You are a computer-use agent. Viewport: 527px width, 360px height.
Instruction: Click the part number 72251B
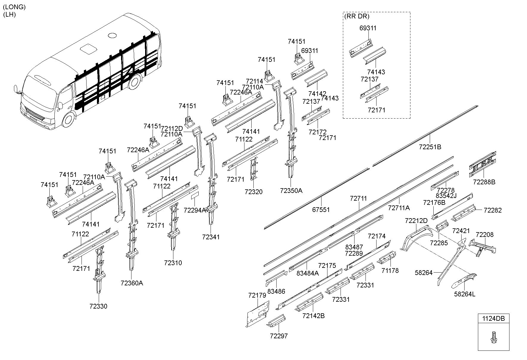click(x=430, y=147)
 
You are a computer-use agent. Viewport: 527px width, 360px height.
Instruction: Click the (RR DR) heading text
click(x=357, y=16)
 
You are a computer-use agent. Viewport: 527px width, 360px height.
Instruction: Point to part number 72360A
click(x=132, y=283)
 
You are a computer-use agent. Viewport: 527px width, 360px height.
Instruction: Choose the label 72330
click(x=98, y=306)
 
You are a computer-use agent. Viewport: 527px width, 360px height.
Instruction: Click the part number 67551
click(x=321, y=210)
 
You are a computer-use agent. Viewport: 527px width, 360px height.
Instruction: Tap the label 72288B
click(x=484, y=182)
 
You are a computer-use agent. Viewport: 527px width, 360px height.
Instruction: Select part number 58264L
click(x=465, y=294)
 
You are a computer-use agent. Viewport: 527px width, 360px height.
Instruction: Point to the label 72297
click(x=279, y=336)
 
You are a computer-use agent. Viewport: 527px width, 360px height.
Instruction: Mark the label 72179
click(x=257, y=295)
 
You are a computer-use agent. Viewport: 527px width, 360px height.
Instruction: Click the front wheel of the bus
click(x=69, y=119)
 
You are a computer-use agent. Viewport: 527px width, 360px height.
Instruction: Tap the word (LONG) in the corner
click(x=14, y=7)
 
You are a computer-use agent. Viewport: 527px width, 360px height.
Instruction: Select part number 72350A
click(x=291, y=191)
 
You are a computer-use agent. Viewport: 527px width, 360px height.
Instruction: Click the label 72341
click(x=211, y=237)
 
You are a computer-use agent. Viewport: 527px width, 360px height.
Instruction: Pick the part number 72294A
click(x=195, y=210)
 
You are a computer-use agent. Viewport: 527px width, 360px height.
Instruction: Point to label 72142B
click(x=313, y=316)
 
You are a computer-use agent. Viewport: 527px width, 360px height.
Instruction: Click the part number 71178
click(x=390, y=271)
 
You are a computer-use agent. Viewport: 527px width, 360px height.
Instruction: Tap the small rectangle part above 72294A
click(x=195, y=195)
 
